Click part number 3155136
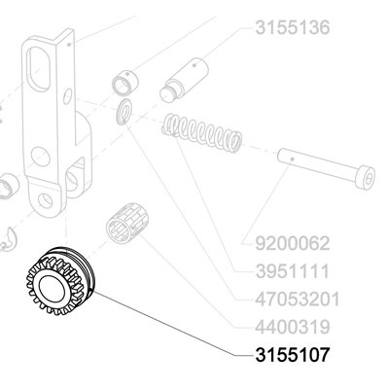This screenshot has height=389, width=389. point(293,27)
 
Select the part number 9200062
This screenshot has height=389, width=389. point(293,243)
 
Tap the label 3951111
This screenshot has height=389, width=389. point(293,271)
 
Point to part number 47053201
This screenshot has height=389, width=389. point(298,299)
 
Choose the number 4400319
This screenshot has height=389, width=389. point(293,327)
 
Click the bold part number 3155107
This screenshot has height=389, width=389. point(293,355)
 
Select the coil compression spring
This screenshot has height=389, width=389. point(201,132)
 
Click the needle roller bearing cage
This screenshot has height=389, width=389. point(127,223)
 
